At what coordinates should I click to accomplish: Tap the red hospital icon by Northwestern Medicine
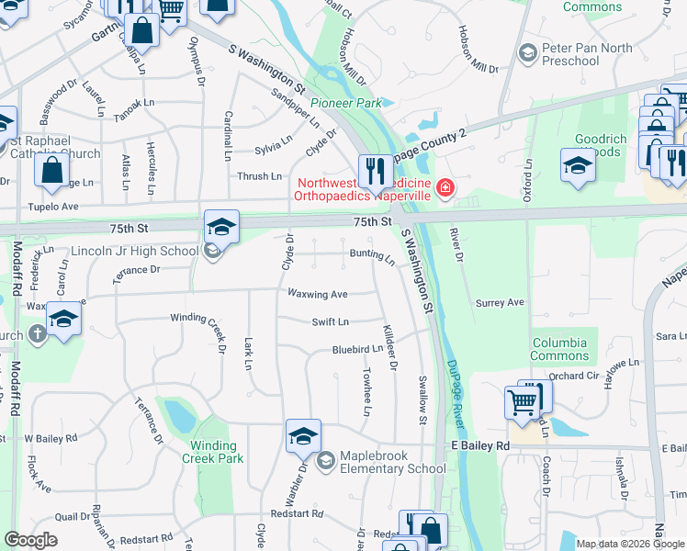point(445,188)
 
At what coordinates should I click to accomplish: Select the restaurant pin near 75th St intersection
point(376,170)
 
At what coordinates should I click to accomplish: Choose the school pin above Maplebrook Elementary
point(303,435)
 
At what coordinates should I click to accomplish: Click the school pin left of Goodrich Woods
point(578,165)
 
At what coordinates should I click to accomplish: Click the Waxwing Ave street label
point(317,294)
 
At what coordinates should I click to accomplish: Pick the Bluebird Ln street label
point(356,350)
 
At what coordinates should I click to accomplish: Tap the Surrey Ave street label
point(500,302)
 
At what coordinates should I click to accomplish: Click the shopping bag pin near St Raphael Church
point(53,169)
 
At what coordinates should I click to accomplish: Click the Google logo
point(31,540)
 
